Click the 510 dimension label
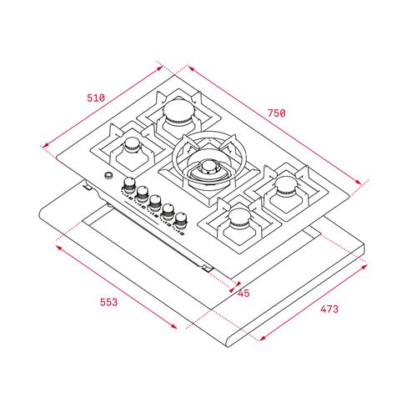click(96, 98)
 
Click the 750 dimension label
click(276, 113)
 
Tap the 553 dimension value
click(108, 302)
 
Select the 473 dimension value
click(329, 309)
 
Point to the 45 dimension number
click(244, 293)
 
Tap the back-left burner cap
click(178, 110)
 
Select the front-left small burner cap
click(132, 145)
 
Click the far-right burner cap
click(286, 185)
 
